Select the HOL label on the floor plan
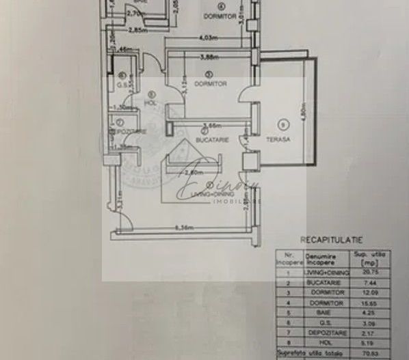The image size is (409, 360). point(151,103)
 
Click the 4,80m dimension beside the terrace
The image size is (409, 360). point(303,109)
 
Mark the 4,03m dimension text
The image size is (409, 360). point(208,38)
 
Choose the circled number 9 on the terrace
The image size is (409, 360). point(280,124)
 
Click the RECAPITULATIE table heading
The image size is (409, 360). point(332,239)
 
